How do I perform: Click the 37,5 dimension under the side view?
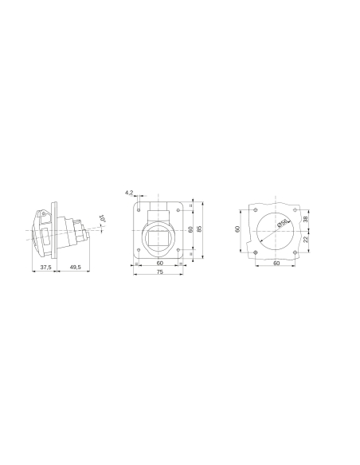[x=45, y=268]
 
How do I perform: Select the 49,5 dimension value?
[x=74, y=268]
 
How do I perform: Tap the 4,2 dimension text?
[x=129, y=192]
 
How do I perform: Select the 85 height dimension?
[x=200, y=229]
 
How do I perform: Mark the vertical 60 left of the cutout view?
[x=237, y=229]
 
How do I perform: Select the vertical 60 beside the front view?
[x=190, y=229]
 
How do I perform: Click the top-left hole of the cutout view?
[x=255, y=211]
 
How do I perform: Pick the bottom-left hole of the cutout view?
[x=255, y=252]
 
